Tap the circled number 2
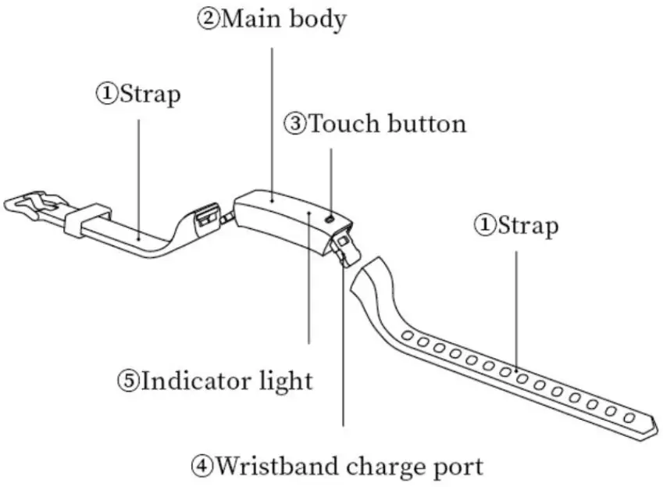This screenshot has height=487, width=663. pyautogui.click(x=207, y=20)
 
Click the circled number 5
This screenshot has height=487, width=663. pyautogui.click(x=128, y=381)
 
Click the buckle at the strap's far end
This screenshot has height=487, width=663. pyautogui.click(x=31, y=208)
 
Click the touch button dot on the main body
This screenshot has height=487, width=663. pyautogui.click(x=330, y=220)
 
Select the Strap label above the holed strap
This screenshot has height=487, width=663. pyautogui.click(x=528, y=226)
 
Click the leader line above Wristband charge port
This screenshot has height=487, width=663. pyautogui.click(x=343, y=352)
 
